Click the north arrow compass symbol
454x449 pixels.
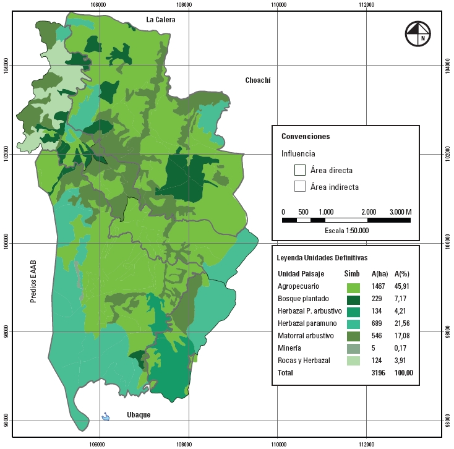coord(418,33)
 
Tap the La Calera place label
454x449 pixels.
coord(161,20)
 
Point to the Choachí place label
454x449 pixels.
coord(258,80)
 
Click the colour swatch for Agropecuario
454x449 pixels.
coord(353,288)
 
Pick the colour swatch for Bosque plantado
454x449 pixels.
coord(353,299)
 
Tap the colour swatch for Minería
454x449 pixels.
coord(353,348)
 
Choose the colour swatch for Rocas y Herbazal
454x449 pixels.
coord(353,361)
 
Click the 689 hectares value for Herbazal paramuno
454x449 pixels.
coord(378,324)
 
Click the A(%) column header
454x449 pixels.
coord(403,274)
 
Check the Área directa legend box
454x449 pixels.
coord(300,170)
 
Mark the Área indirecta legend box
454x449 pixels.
coord(300,186)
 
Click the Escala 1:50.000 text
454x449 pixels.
coord(346,230)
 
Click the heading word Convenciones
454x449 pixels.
coord(306,137)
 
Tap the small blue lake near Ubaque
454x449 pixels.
coord(105,417)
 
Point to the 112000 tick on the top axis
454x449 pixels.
coord(367,4)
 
